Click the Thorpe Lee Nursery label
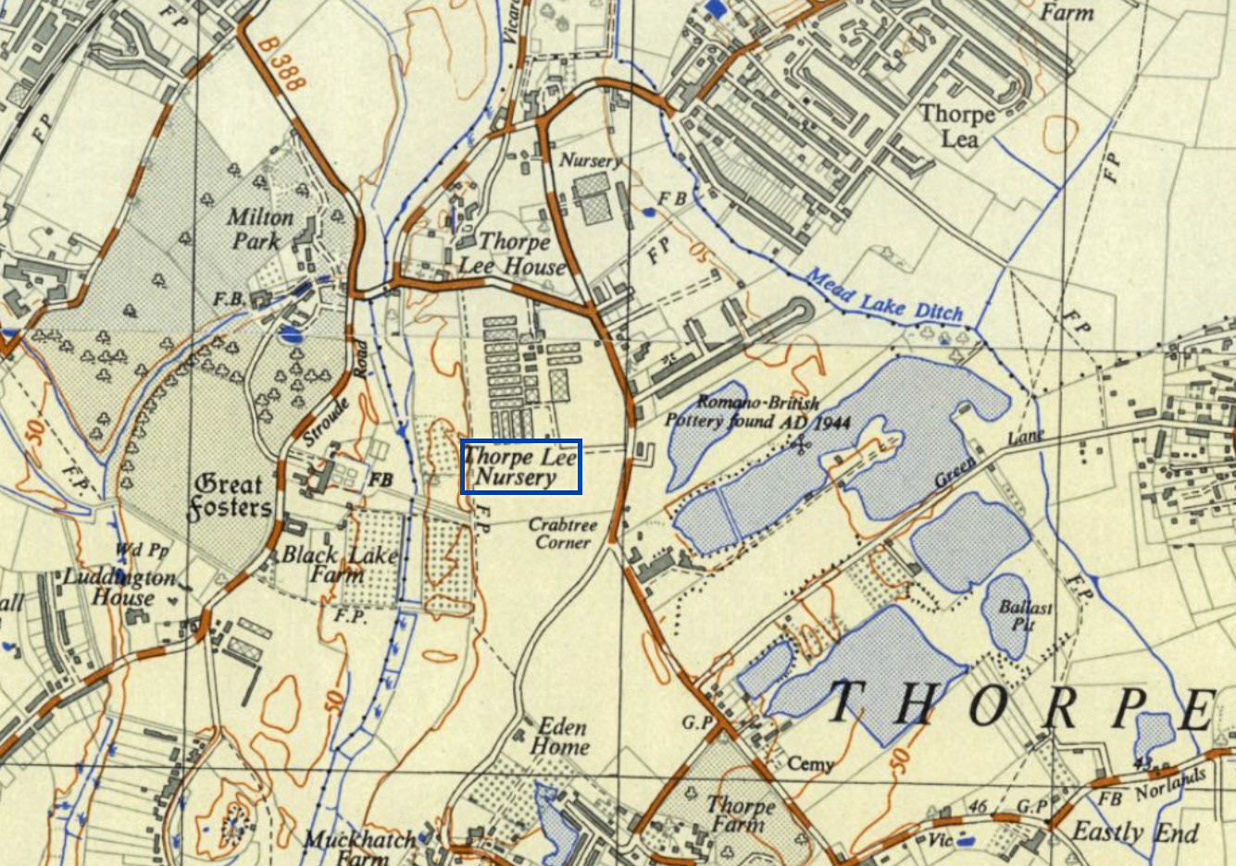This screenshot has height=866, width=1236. pyautogui.click(x=520, y=466)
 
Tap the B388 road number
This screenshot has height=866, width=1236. pyautogui.click(x=281, y=63)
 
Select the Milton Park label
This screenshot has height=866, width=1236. pyautogui.click(x=259, y=229)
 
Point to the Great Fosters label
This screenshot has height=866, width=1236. pyautogui.click(x=231, y=496)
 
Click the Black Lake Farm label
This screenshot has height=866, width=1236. pyautogui.click(x=339, y=564)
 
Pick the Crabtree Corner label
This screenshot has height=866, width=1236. pyautogui.click(x=563, y=533)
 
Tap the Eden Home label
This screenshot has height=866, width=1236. pyautogui.click(x=560, y=736)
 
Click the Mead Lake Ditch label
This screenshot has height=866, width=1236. pyautogui.click(x=884, y=296)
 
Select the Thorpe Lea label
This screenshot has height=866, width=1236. pyautogui.click(x=957, y=127)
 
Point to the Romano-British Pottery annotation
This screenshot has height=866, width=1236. pyautogui.click(x=757, y=412)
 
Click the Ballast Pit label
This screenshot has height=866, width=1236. pyautogui.click(x=1026, y=615)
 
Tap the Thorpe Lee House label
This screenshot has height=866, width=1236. pyautogui.click(x=512, y=254)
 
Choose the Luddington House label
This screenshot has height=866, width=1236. pyautogui.click(x=119, y=588)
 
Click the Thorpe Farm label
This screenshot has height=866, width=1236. pyautogui.click(x=740, y=814)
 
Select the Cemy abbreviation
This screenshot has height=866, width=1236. pyautogui.click(x=810, y=763)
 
